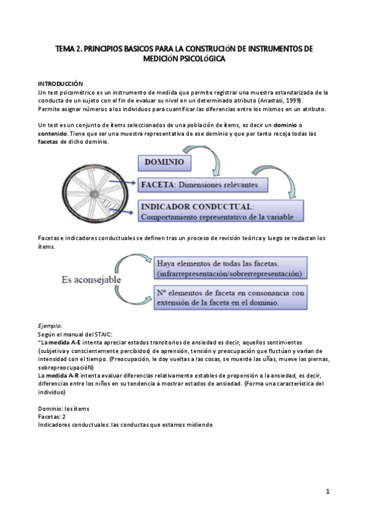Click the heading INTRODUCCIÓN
coord(60,83)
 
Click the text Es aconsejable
coord(91,280)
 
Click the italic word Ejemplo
coord(50,326)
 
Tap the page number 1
coord(327,491)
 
